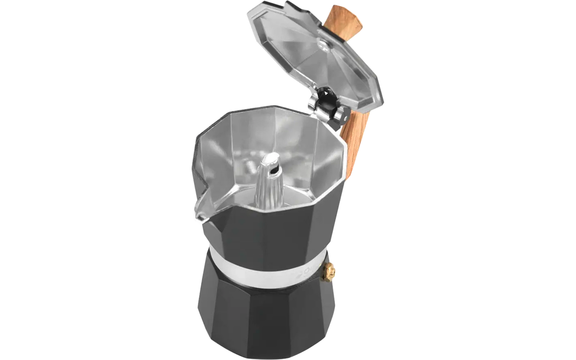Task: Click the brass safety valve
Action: click(x=329, y=268)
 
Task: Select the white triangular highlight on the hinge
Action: click(x=325, y=93)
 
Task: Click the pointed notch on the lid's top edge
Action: click(x=288, y=5)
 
